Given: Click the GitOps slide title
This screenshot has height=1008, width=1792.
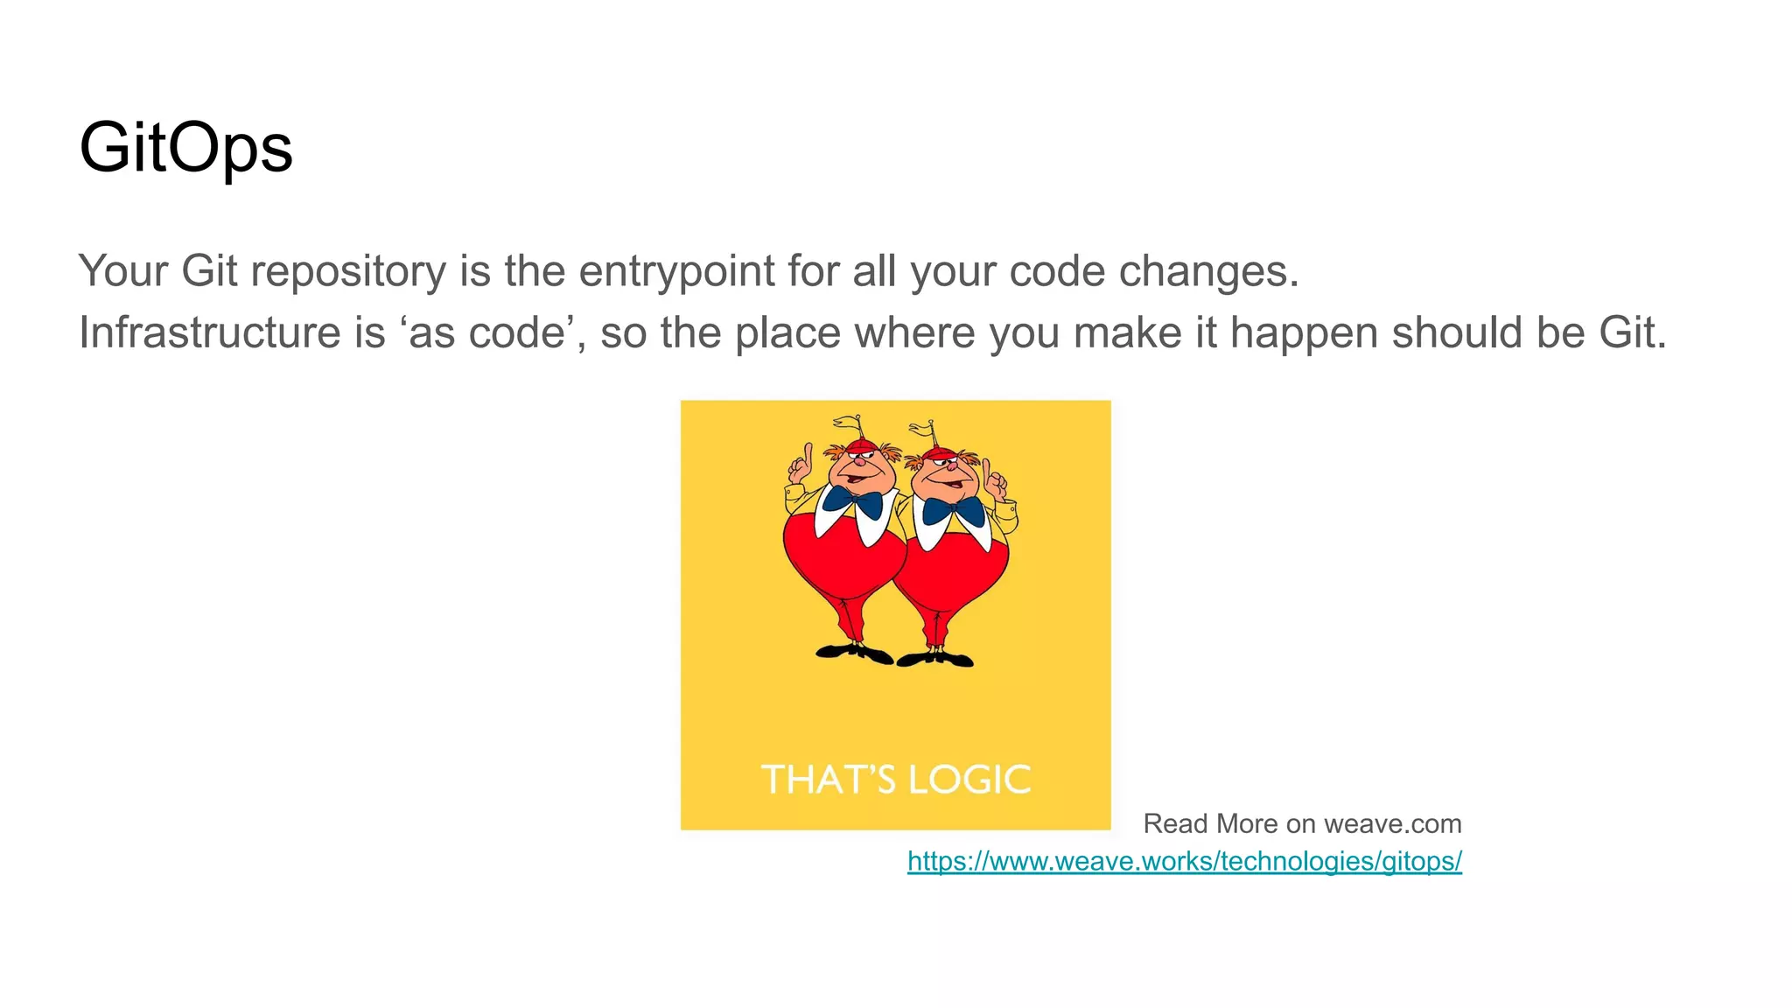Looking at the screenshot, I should [185, 148].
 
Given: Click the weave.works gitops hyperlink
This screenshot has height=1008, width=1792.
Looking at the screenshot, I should [1184, 861].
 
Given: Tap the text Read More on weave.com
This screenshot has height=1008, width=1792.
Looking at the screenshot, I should [1302, 823].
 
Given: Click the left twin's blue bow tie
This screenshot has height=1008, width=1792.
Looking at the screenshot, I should [851, 500].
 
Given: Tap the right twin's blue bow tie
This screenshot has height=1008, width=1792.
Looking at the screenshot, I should [953, 509].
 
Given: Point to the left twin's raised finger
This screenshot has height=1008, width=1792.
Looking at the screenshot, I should [808, 458].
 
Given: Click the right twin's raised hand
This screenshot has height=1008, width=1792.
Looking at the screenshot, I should [995, 478].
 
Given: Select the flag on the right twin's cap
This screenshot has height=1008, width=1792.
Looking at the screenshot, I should [922, 429].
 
